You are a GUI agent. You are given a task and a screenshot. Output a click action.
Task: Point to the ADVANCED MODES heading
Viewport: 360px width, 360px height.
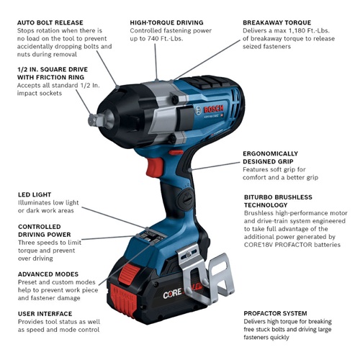click(50, 274)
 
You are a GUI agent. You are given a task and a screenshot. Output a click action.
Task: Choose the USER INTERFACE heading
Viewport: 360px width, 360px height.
click(45, 314)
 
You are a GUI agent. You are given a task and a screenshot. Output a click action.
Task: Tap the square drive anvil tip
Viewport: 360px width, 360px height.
click(91, 120)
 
